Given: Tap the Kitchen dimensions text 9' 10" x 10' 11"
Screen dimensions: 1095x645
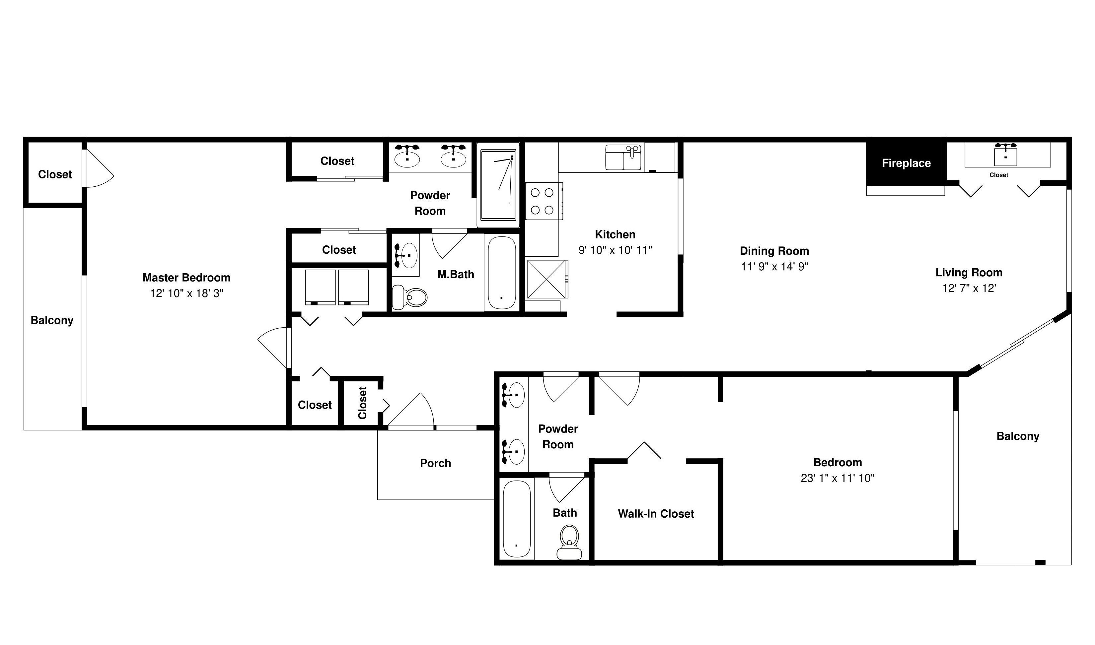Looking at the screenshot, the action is (x=615, y=250).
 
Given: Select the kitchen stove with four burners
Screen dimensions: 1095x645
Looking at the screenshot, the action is (x=544, y=201).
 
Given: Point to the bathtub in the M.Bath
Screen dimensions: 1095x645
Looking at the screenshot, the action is (x=501, y=273).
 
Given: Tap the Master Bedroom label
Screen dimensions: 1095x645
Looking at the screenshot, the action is (x=186, y=277).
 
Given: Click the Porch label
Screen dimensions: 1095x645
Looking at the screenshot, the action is (x=435, y=463).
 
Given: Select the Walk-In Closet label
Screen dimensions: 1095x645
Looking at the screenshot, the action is (x=656, y=514).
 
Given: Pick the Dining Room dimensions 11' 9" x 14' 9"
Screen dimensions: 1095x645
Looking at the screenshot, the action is (x=774, y=266).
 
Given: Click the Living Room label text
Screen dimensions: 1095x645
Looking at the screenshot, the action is (x=969, y=273).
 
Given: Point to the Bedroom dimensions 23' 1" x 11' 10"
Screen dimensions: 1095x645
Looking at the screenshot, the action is (x=838, y=478).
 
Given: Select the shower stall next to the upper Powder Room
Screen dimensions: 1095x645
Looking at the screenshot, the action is (x=498, y=185).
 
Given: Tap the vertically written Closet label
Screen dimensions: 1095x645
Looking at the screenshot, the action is (x=363, y=403).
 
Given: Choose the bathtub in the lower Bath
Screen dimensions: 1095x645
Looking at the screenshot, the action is (x=517, y=519).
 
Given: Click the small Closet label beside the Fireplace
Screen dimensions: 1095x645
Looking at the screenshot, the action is (x=998, y=175).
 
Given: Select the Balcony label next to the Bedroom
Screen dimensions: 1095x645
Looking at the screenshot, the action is (x=1018, y=436).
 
